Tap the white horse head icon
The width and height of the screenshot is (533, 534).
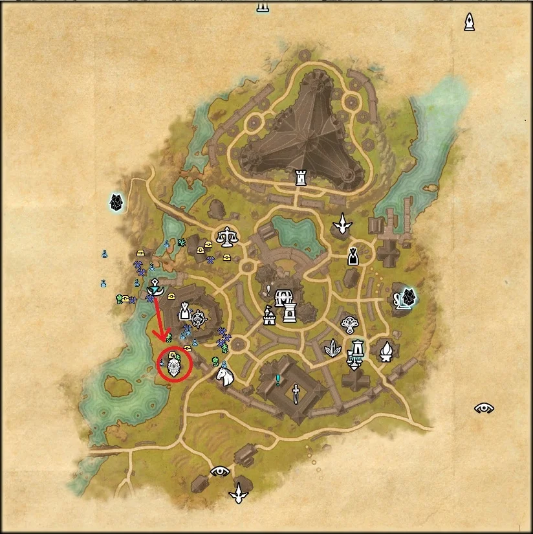coord(224,375)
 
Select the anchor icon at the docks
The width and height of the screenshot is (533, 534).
coord(155,285)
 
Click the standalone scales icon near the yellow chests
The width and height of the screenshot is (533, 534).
coord(227,237)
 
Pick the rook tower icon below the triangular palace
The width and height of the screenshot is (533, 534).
coord(301,177)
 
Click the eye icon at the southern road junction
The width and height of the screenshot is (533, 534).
coord(220,471)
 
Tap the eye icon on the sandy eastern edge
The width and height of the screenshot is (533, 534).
coord(484,408)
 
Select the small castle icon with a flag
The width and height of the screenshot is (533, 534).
coord(268,317)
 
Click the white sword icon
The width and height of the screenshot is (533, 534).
coord(296,394)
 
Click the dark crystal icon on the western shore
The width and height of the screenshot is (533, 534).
coord(116,203)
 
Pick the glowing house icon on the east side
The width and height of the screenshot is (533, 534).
coord(405,298)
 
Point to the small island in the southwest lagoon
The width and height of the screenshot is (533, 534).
coord(118,387)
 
